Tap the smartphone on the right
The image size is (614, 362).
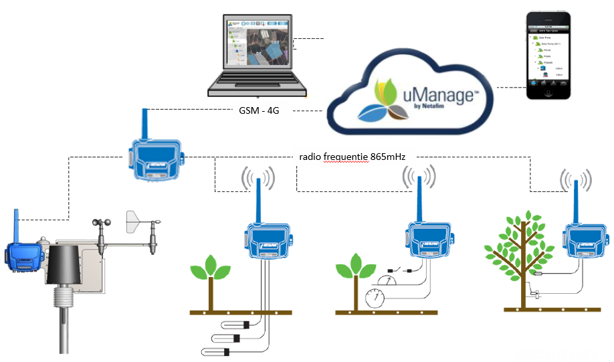[548, 58]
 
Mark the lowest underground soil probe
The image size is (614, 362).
[218, 351]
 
